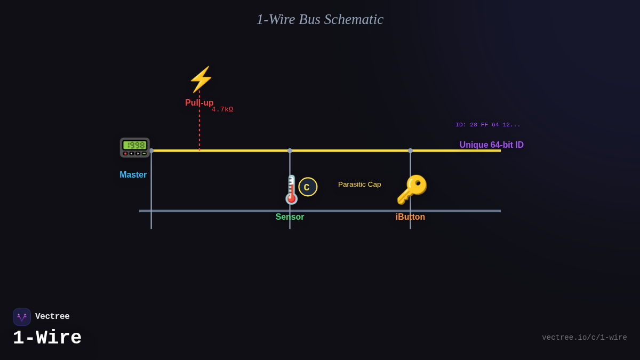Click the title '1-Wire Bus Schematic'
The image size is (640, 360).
319,19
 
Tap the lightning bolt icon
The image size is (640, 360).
201,79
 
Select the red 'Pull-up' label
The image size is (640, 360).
199,103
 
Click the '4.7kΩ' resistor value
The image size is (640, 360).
222,109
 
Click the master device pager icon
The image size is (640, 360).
134,147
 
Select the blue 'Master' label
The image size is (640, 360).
133,175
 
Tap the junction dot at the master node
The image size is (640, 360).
151,151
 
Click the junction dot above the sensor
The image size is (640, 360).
290,151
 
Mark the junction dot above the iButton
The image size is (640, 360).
410,151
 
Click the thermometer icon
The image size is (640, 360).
291,190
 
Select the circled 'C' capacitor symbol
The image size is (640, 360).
308,187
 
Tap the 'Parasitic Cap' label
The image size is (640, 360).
359,185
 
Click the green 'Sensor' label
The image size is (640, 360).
290,217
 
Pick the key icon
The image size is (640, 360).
411,189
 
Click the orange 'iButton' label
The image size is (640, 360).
410,217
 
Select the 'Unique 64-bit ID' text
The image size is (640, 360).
491,145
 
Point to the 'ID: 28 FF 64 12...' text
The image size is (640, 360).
487,125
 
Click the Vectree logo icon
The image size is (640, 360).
22,317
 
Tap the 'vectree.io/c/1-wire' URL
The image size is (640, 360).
584,338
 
